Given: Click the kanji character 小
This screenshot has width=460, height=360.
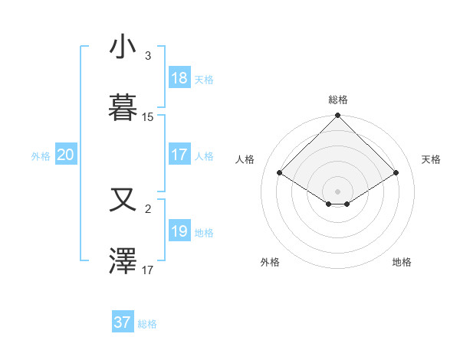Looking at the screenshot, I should (123, 47).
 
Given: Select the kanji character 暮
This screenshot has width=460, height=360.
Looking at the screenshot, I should (123, 107).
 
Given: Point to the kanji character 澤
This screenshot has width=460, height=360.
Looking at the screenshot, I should (123, 261).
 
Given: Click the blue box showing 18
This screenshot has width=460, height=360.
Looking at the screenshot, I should (179, 78).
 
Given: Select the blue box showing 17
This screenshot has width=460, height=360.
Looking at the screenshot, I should (179, 155).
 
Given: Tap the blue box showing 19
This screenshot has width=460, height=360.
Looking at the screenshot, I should (179, 231).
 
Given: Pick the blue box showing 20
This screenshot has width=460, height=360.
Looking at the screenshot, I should (66, 155).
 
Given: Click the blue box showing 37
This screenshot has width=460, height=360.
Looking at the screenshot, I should (123, 322).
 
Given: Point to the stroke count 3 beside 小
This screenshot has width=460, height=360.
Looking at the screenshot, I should (148, 56).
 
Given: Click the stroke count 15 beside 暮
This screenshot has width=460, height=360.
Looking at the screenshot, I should (148, 117).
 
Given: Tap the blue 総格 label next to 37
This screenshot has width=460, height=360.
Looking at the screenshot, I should (147, 324).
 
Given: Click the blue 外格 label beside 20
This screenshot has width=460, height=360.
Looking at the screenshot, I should (41, 155).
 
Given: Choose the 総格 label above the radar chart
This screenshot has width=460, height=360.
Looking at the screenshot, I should (338, 100).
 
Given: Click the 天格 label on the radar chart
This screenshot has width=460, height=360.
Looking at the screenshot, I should (432, 159).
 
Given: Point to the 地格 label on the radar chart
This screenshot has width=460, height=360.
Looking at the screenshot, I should (402, 262).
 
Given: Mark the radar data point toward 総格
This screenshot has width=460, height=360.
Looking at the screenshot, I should (338, 116).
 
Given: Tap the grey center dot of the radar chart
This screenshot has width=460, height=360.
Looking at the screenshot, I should (338, 191).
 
